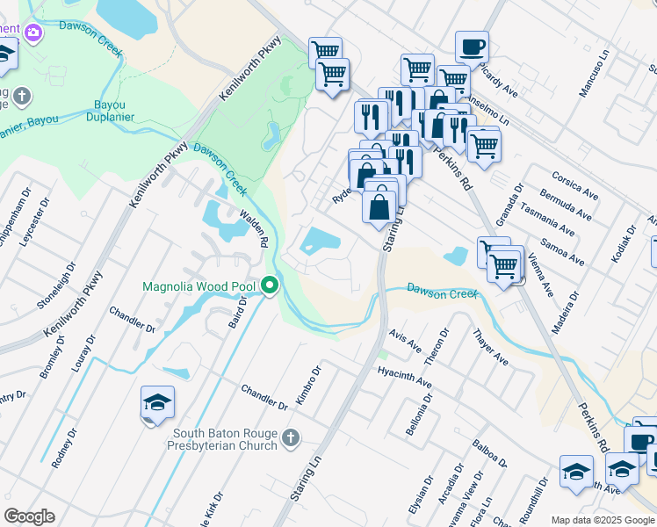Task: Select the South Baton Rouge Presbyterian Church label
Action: point(225,439)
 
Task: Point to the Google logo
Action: point(29,516)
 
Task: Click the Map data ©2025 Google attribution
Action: point(603,520)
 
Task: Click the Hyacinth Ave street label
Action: point(404,378)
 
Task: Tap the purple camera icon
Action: point(33,32)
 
